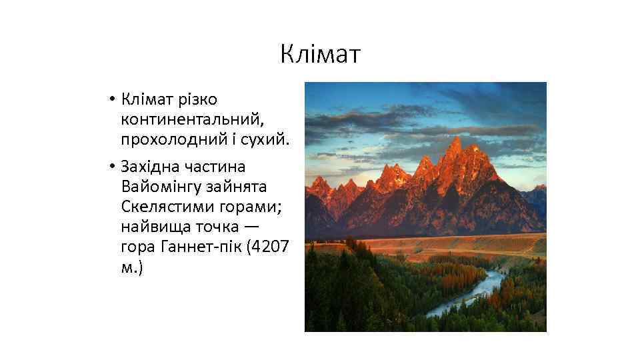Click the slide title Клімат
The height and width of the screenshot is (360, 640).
tap(320, 54)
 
